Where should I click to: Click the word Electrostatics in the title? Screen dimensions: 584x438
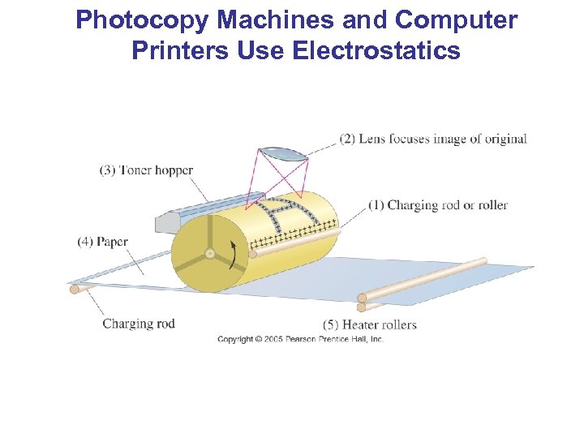(x=376, y=51)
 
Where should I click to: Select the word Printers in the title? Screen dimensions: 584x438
(x=180, y=51)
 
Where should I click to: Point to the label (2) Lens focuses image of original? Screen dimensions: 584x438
(x=433, y=139)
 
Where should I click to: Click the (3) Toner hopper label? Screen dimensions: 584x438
(x=146, y=170)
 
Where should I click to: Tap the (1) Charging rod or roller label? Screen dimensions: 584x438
(x=438, y=205)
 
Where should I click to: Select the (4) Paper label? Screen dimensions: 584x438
(x=103, y=242)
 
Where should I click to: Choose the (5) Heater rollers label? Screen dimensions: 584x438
(x=369, y=324)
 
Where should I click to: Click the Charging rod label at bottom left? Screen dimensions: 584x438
(x=139, y=324)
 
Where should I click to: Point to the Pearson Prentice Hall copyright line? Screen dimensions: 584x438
(x=300, y=339)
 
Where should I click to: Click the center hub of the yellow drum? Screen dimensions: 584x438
(x=209, y=253)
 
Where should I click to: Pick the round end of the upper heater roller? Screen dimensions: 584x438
(x=363, y=298)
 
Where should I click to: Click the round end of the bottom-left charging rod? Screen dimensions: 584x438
(x=75, y=288)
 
